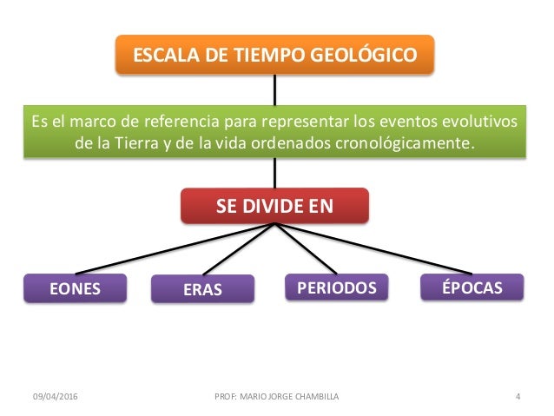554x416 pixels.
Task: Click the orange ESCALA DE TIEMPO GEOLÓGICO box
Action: (x=274, y=56)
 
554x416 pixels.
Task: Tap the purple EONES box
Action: (x=75, y=288)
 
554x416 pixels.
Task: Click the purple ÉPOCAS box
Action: (x=472, y=287)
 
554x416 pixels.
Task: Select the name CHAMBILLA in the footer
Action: (x=313, y=397)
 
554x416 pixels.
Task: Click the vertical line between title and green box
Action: (x=275, y=88)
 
